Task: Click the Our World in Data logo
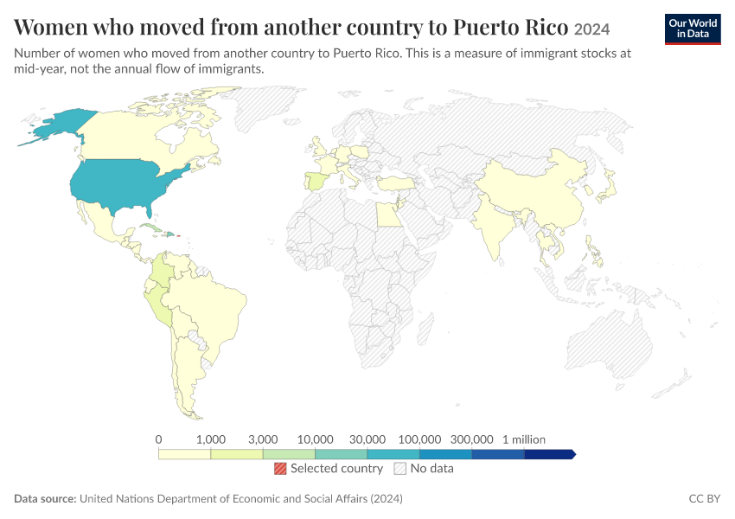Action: tap(693, 29)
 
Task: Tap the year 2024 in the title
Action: tap(591, 29)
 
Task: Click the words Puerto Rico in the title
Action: tap(510, 27)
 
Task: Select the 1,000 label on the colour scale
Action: tap(210, 439)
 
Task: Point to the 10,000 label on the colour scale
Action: tap(315, 439)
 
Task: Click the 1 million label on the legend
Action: tap(524, 439)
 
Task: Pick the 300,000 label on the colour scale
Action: tap(471, 439)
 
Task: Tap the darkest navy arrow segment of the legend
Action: tap(550, 454)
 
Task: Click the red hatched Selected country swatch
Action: tap(280, 468)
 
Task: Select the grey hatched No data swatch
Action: tap(399, 468)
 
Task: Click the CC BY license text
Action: tap(704, 498)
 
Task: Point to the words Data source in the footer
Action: tap(45, 498)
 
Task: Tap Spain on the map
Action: tap(316, 181)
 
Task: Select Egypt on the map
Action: tap(389, 215)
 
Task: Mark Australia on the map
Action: tap(610, 343)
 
